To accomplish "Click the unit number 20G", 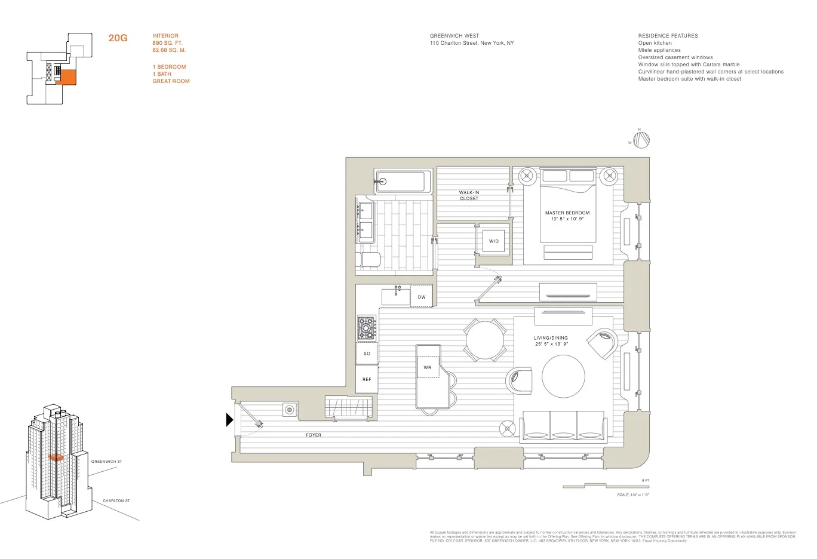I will point(118,39).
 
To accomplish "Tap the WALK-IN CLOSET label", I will point(469,195).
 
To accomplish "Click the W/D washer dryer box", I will point(493,241).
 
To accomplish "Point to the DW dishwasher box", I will point(422,297).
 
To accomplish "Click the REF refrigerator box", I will point(367,379).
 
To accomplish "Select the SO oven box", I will point(367,353).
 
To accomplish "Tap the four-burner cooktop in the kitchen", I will point(367,328).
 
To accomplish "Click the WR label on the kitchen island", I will point(428,367).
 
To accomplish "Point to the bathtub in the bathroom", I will point(403,182).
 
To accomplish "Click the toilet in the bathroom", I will point(368,260).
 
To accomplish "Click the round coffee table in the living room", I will point(563,376).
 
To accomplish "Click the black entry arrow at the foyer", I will point(229,420).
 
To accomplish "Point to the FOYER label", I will point(314,435).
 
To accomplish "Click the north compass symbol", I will point(641,140).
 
